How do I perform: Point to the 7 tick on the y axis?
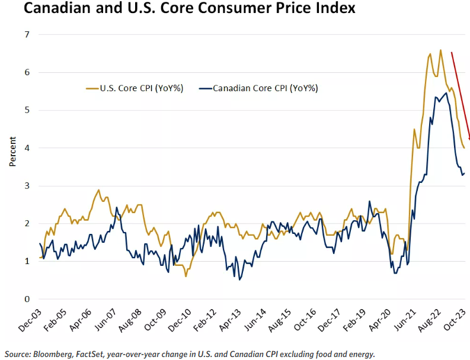[26, 35]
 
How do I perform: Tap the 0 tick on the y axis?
[26, 299]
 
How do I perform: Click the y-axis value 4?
[26, 148]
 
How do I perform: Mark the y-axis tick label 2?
[26, 224]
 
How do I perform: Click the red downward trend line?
[461, 95]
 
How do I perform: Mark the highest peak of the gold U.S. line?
[440, 50]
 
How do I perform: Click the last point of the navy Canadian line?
[465, 173]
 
